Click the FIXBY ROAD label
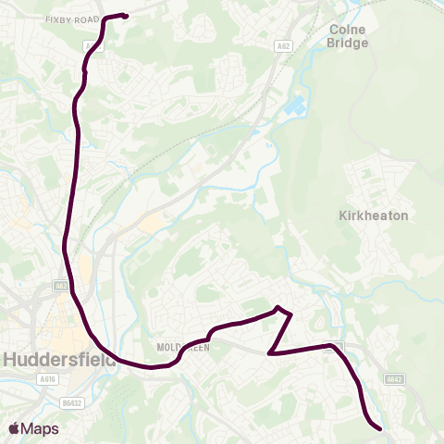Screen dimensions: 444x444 (x=75, y=18)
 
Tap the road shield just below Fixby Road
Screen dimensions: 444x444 (x=88, y=43)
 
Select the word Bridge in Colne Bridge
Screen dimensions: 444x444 (x=348, y=43)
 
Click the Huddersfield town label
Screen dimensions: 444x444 (x=59, y=359)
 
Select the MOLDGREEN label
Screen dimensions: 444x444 (x=184, y=347)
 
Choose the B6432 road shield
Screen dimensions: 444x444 (x=72, y=402)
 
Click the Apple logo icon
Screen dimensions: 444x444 (x=13, y=428)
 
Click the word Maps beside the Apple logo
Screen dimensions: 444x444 (x=41, y=428)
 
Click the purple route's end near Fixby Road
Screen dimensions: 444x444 (x=125, y=16)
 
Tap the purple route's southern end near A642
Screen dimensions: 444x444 (x=379, y=427)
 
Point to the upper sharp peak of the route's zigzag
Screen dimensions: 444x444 (x=277, y=307)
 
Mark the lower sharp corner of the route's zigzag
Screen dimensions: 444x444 (x=269, y=352)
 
